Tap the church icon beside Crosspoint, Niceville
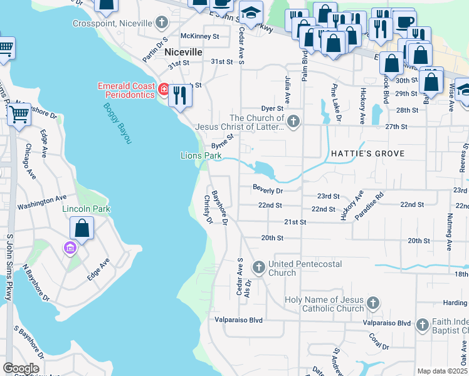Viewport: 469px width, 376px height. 162,23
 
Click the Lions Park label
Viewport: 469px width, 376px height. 201,155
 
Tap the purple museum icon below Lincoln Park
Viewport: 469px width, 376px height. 70,249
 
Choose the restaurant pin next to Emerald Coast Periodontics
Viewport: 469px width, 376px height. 180,96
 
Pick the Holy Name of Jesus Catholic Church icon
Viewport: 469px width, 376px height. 372,303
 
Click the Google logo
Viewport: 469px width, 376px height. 21,368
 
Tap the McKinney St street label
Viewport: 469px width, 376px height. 199,36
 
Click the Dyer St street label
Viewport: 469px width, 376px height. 272,108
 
